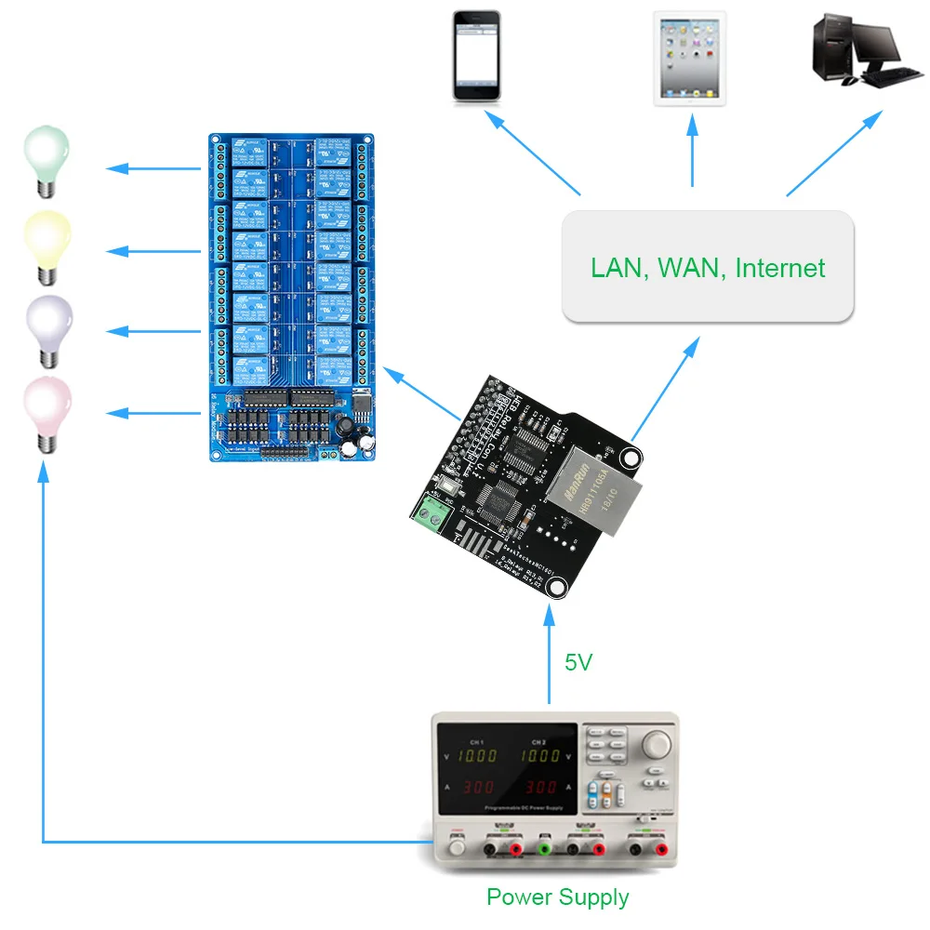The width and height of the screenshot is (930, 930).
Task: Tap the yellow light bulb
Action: [46, 240]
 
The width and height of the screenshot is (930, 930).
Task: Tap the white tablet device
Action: [690, 58]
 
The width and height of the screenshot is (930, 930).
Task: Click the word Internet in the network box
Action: [779, 269]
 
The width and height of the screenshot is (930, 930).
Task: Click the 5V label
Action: [578, 663]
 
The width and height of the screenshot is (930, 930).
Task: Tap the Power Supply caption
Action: [558, 897]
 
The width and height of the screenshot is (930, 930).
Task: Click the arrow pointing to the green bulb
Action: [153, 168]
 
